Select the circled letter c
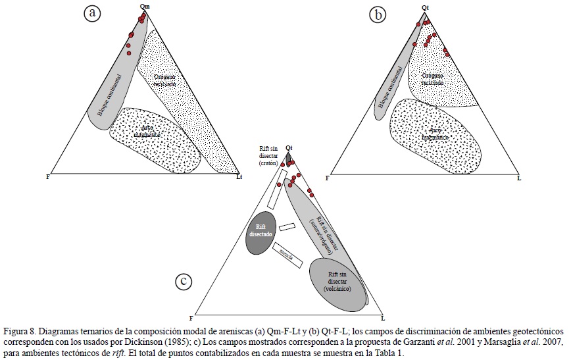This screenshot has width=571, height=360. pyautogui.click(x=184, y=282)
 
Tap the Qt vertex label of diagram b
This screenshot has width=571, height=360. pyautogui.click(x=426, y=7)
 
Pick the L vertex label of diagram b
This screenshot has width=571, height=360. pyautogui.click(x=519, y=178)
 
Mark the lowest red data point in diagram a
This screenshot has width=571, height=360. pyautogui.click(x=129, y=51)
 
